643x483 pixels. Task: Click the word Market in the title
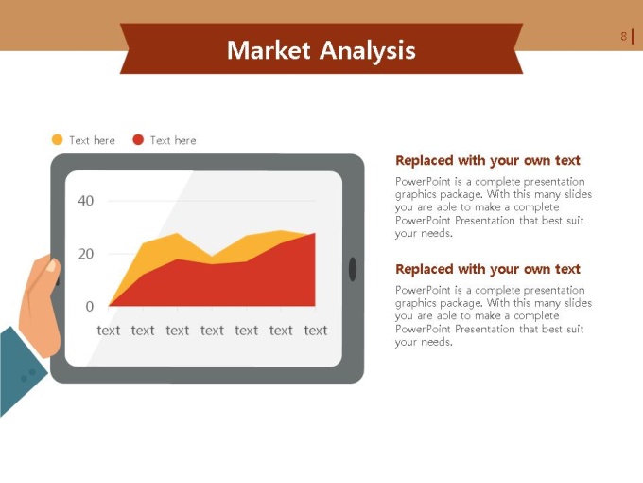[269, 50]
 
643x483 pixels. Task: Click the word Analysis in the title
[368, 51]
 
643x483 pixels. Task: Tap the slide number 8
[624, 37]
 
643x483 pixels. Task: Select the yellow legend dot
[58, 140]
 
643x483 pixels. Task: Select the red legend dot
[138, 140]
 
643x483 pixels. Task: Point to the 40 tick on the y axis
[86, 201]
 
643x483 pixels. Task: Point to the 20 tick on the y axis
[86, 254]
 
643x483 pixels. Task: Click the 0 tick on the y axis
[90, 307]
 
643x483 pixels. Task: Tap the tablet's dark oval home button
[353, 269]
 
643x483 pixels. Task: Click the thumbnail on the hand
[51, 266]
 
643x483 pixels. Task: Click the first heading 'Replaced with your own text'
[488, 160]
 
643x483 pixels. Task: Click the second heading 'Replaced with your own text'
[488, 269]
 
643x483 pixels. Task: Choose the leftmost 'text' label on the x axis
[108, 331]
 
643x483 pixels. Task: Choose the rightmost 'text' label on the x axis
[316, 331]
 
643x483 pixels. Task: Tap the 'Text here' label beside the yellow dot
[93, 140]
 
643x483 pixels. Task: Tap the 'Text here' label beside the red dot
[173, 140]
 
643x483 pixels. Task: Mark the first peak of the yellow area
[177, 234]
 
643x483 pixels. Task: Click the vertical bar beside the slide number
[634, 37]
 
